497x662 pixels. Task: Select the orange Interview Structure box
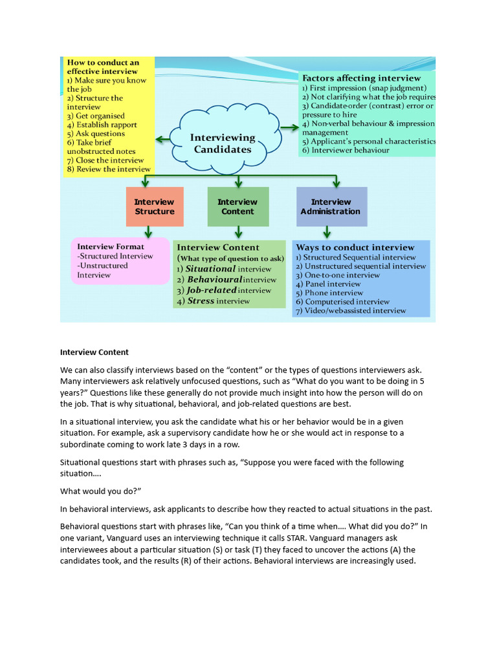pos(155,207)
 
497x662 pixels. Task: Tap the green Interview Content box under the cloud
pos(237,207)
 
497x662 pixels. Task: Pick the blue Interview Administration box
pos(331,207)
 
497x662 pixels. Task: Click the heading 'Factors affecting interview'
pos(361,78)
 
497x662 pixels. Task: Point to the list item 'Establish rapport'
pos(106,125)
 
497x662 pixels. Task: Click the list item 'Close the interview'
pos(109,160)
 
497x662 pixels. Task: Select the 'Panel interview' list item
pos(333,284)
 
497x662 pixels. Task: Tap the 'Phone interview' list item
pos(333,293)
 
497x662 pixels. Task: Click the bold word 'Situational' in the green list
pos(210,269)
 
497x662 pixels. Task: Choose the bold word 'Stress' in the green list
pos(201,301)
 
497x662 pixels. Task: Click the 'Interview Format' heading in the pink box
pos(111,246)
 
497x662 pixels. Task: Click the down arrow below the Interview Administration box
pos(327,231)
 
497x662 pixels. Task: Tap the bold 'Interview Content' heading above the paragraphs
pos(94,352)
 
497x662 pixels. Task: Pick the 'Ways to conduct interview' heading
pos(355,247)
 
